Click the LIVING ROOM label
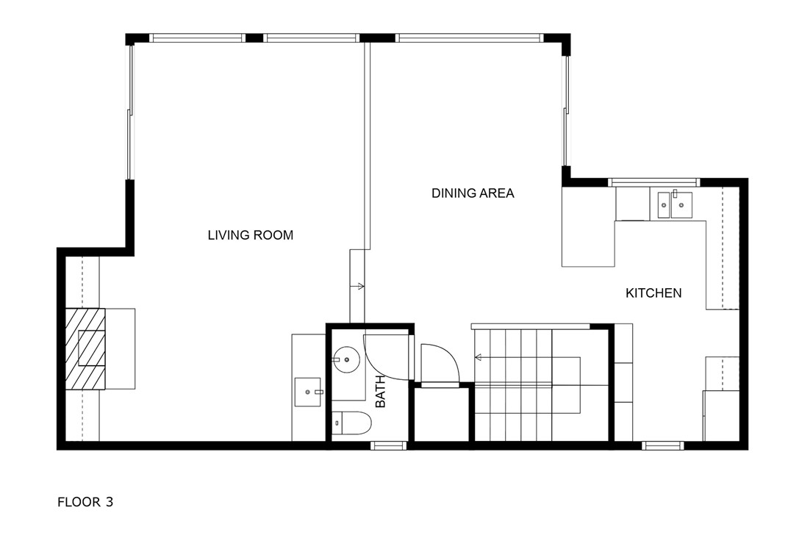coord(250,235)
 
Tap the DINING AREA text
coord(473,193)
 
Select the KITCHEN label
coord(653,293)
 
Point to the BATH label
coord(381,392)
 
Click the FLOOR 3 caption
coord(85,502)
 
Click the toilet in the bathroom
coord(351,423)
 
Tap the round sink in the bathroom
coord(347,359)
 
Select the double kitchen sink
coord(674,205)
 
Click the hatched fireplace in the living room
coord(85,348)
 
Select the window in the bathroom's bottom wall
coord(388,445)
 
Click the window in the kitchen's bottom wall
coord(663,445)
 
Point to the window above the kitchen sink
coord(653,182)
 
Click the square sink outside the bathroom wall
coord(307,392)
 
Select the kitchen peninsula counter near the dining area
coord(588,226)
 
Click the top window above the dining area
coord(470,37)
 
